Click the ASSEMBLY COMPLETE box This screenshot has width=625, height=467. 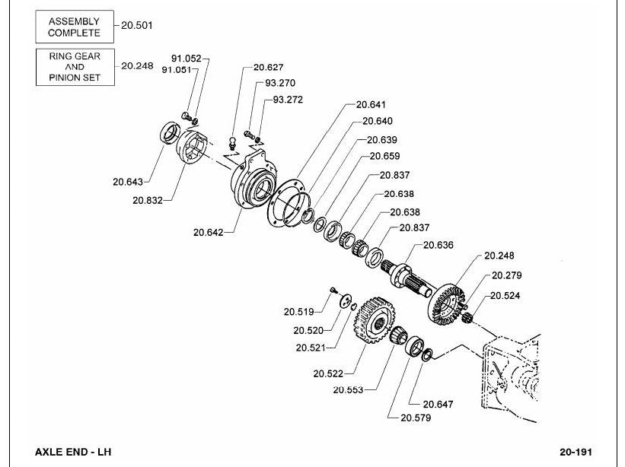[75, 27]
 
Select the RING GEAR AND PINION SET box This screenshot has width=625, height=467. [75, 67]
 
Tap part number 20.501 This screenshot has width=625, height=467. [137, 26]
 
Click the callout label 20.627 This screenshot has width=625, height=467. [268, 67]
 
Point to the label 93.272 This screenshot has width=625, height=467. [288, 100]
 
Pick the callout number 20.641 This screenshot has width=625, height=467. [371, 105]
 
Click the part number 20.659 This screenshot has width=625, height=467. [384, 156]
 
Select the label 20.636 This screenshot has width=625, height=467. [438, 245]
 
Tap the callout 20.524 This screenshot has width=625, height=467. [505, 296]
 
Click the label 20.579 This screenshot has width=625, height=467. [416, 418]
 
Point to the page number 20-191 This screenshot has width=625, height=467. [576, 452]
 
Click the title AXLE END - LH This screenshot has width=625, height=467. [73, 452]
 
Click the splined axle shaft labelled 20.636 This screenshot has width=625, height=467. [406, 278]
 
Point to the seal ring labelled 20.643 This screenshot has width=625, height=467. [170, 132]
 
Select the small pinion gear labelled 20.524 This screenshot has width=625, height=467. [467, 318]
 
